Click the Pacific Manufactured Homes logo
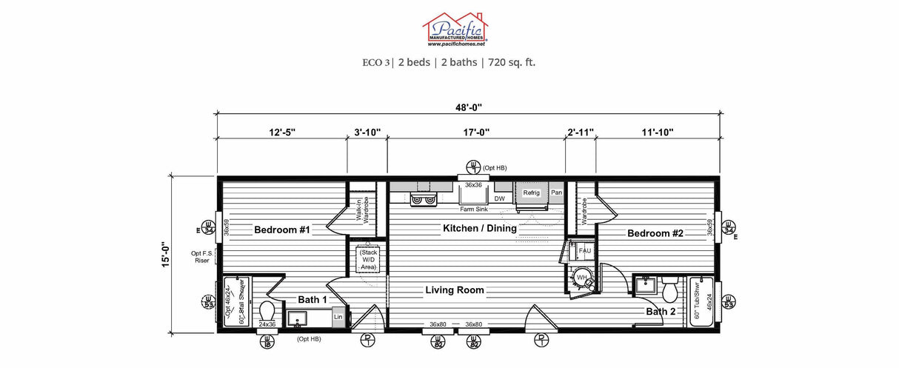point(455,30)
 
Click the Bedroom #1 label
point(281,230)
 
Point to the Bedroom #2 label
point(655,234)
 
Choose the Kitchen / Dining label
point(479,228)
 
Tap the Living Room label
point(454,290)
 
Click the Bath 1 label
point(312,300)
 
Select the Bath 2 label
point(661,312)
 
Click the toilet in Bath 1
point(267,310)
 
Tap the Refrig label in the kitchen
point(531,193)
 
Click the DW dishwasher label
point(499,198)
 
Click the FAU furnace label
point(584,251)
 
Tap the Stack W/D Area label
point(368,260)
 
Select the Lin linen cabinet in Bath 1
point(338,317)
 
